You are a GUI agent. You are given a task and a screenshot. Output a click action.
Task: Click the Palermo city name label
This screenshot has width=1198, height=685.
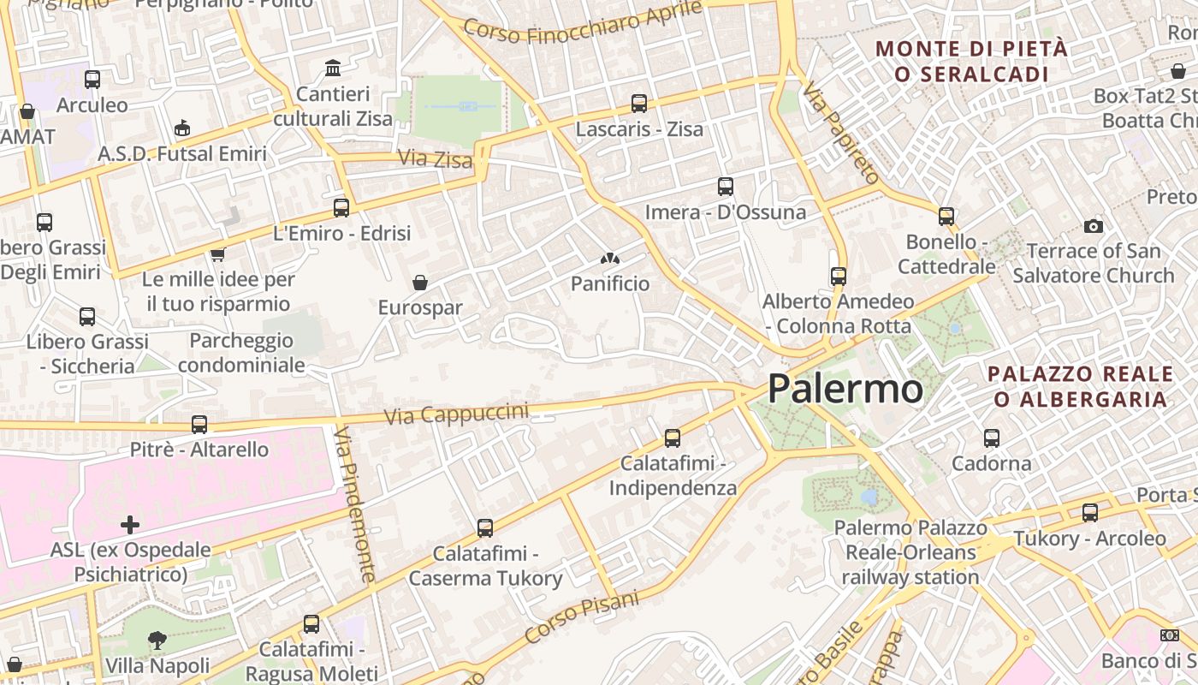tap(845, 389)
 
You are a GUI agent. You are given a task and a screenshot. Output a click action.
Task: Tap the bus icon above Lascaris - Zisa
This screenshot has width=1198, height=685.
tap(638, 104)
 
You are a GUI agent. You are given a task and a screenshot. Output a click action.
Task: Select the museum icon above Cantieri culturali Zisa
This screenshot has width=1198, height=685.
tap(333, 68)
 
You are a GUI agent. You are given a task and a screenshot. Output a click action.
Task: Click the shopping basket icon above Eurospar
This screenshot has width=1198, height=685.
tap(420, 283)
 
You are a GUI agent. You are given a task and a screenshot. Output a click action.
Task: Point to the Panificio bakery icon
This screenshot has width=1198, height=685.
tap(609, 258)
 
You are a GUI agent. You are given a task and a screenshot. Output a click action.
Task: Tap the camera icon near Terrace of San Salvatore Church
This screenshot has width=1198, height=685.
tap(1093, 226)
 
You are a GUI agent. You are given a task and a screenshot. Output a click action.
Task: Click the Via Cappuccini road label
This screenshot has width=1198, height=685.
tap(456, 414)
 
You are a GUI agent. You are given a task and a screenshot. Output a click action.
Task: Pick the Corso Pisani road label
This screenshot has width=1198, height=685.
tap(582, 618)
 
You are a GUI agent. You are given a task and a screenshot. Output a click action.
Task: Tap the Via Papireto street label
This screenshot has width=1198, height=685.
tap(840, 133)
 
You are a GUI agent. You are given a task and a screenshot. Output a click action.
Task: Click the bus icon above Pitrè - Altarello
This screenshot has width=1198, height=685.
tap(199, 424)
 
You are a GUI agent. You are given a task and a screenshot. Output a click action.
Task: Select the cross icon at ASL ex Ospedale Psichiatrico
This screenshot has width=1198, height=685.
tap(130, 524)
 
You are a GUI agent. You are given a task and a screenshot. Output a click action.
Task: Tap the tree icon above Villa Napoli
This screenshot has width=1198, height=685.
tap(157, 640)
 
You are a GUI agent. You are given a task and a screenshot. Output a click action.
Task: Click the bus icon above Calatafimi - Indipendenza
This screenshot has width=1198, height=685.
tap(673, 438)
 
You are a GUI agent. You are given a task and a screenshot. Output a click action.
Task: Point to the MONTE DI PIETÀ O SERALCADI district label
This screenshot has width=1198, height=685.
tap(972, 61)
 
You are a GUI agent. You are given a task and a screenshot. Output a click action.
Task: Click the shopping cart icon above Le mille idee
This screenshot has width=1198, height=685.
tap(217, 254)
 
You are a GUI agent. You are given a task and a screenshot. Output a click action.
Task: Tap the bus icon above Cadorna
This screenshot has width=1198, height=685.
tap(991, 438)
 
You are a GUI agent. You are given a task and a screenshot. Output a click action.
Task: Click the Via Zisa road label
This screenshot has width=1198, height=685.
tap(435, 158)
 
